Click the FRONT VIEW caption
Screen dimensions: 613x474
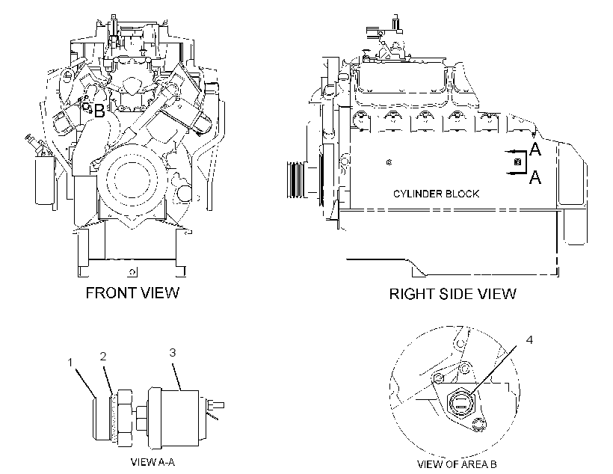132,292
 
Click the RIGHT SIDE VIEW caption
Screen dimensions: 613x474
452,294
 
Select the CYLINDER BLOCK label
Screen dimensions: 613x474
436,194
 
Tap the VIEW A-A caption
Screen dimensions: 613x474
153,462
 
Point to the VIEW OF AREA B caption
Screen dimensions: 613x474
457,464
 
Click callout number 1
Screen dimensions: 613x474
70,363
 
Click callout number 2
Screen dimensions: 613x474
103,357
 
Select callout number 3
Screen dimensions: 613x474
173,352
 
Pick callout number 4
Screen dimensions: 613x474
529,340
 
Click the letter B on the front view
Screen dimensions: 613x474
99,111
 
